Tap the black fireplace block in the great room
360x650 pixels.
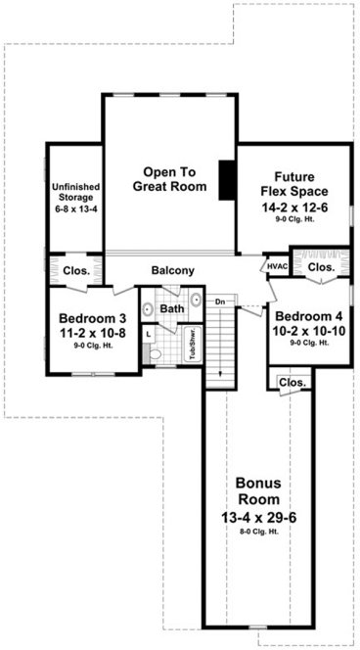click(x=226, y=178)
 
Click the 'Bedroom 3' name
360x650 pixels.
click(x=93, y=318)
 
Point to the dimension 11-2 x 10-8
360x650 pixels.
click(x=93, y=333)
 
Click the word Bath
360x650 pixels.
click(x=172, y=308)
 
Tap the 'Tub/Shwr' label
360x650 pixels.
click(x=193, y=345)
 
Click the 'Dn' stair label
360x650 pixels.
click(x=221, y=302)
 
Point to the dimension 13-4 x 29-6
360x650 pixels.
click(x=259, y=521)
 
